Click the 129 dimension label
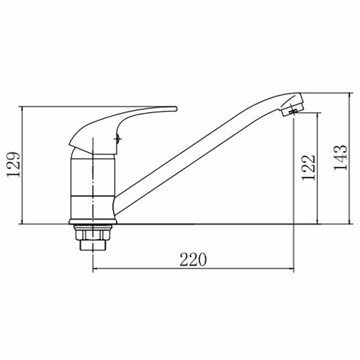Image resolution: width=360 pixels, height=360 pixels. pos(14,165)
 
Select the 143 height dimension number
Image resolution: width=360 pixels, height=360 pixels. pos(341,158)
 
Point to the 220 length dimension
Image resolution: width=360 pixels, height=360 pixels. pos(193,259)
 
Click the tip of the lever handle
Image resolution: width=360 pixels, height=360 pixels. pos(176,109)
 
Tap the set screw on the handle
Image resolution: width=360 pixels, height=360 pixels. pos(117,138)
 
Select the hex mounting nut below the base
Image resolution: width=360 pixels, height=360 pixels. pos(93,235)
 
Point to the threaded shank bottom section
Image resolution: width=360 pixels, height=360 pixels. pos(93,245)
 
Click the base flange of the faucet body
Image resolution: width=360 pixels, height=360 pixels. pos(93,222)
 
